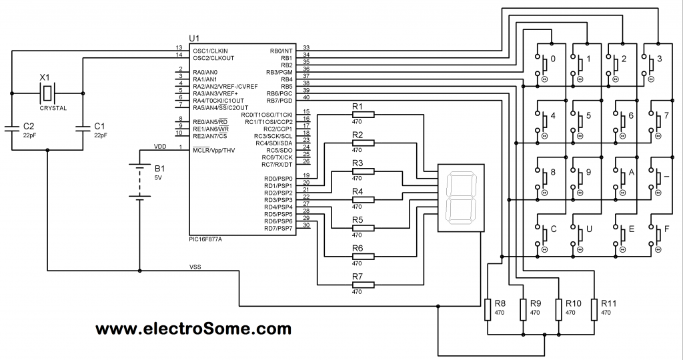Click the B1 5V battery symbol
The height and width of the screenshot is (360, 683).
(139, 180)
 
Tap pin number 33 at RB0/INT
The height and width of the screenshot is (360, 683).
(306, 47)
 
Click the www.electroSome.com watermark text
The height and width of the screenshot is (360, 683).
(193, 329)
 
